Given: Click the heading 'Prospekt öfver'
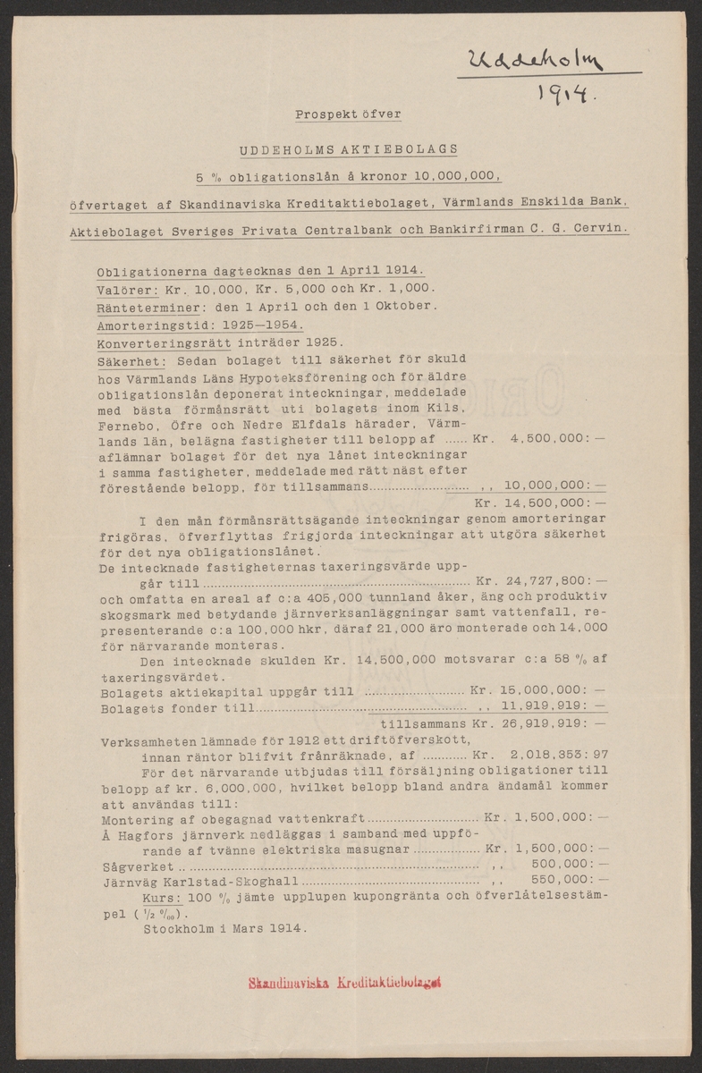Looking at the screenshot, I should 349,114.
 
